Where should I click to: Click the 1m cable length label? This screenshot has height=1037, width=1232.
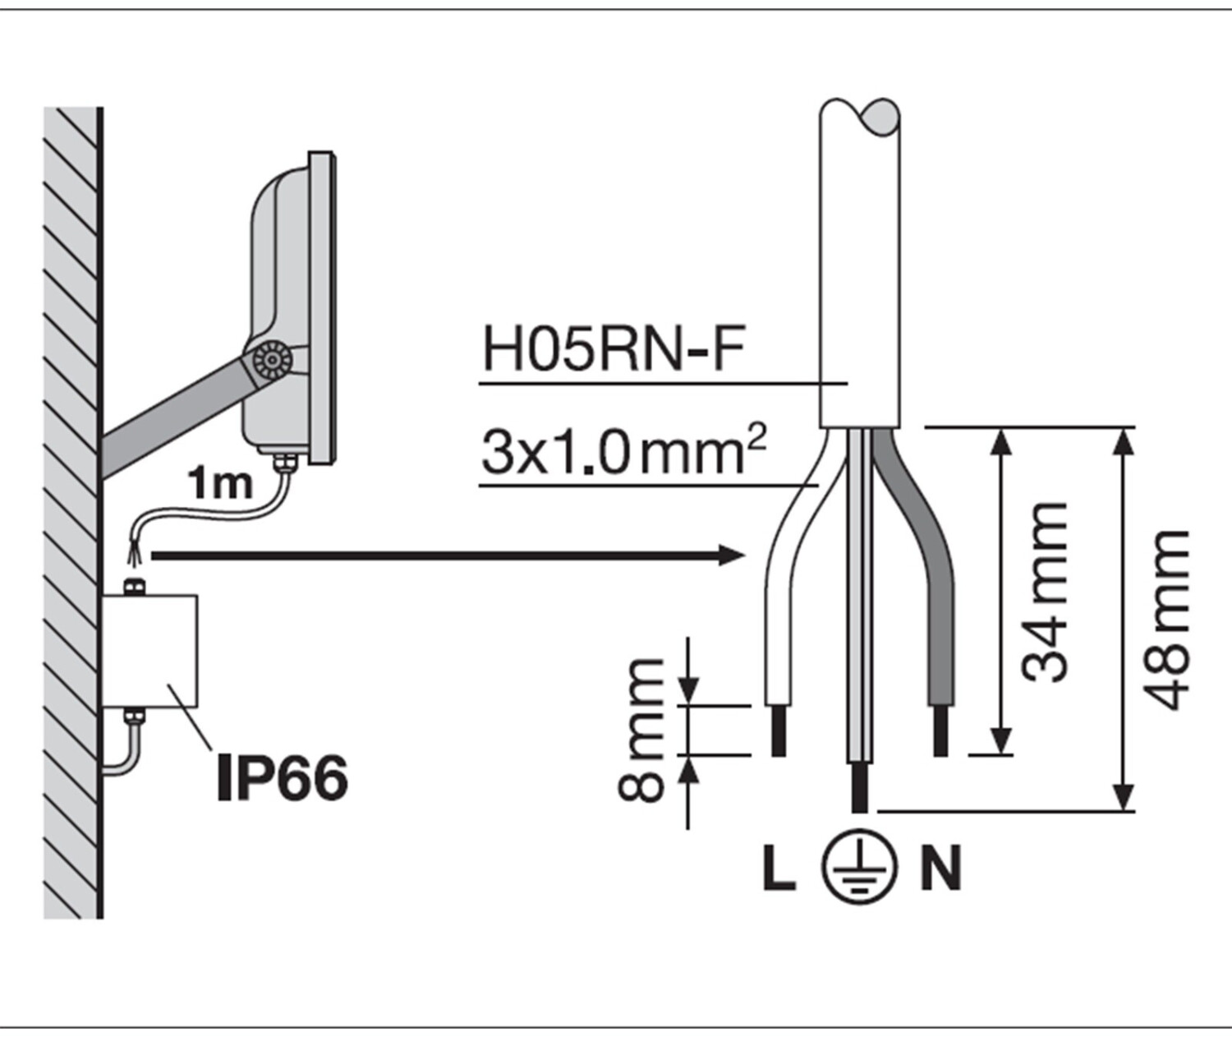tap(219, 484)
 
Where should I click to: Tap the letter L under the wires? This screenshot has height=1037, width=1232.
tap(778, 869)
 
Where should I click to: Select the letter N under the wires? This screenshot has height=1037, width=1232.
tap(940, 869)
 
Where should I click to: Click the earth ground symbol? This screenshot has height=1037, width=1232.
tap(859, 868)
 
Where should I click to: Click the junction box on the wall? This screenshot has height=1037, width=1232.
tap(149, 651)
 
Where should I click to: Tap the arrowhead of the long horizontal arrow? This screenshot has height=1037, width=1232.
tap(731, 555)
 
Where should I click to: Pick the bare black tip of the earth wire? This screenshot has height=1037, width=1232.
tap(859, 787)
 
